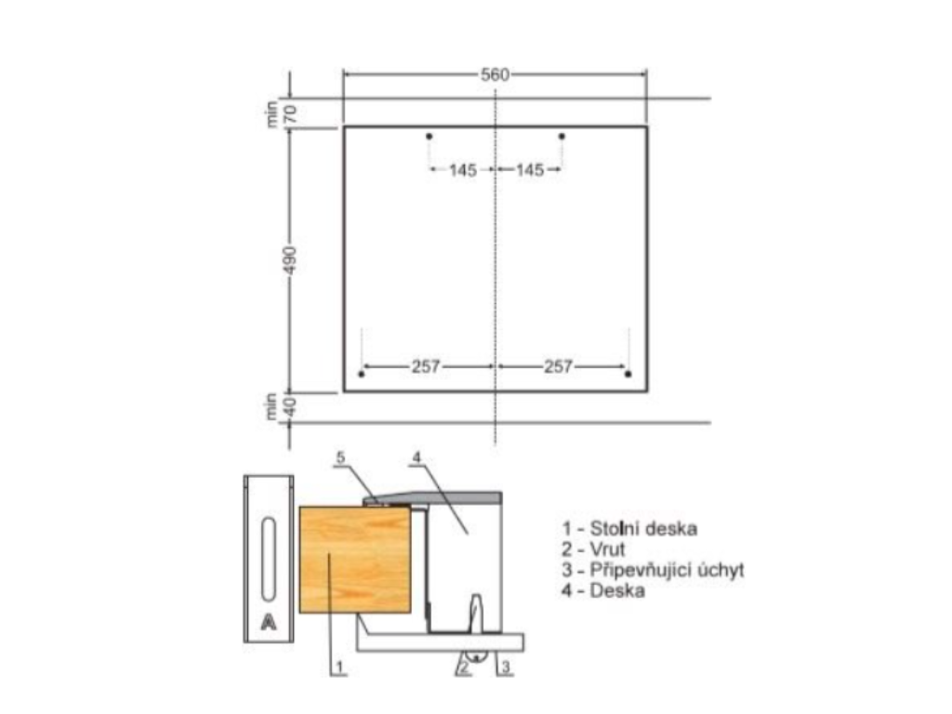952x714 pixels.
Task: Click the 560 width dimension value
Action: click(495, 74)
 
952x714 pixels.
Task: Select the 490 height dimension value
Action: click(291, 259)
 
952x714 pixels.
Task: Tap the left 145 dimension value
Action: click(463, 170)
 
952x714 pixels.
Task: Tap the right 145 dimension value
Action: click(530, 170)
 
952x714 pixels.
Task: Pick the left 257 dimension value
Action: click(426, 366)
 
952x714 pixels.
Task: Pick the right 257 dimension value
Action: click(558, 366)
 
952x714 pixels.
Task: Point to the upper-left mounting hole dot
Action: click(430, 136)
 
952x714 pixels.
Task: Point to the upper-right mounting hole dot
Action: click(562, 136)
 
